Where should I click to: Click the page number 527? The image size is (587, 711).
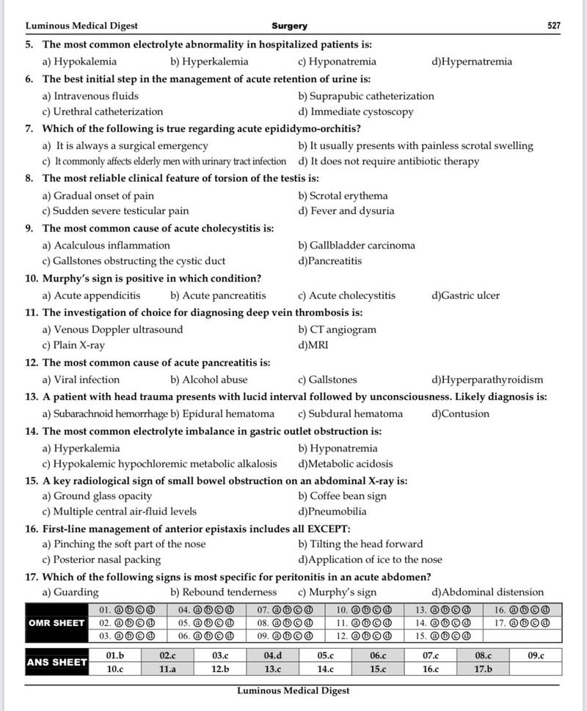554,26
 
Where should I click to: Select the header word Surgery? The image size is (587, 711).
290,26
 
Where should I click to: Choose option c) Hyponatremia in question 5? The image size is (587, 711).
337,62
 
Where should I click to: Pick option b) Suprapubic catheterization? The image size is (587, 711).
366,96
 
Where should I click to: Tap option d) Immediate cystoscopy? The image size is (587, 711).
356,112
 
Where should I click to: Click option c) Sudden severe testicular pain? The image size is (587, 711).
115,211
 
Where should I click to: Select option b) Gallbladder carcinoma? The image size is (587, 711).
357,246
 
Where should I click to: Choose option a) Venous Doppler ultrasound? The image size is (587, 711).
112,330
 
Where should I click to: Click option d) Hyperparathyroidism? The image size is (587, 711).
488,380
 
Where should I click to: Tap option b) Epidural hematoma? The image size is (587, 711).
222,413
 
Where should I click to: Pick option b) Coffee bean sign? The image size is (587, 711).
342,496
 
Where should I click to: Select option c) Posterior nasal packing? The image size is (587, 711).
101,559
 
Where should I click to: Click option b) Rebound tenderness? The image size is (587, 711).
224,592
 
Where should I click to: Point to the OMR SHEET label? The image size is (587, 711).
56,623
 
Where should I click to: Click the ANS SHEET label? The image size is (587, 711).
56,663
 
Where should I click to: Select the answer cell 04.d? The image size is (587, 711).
272,655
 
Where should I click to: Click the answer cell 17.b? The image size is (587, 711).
482,669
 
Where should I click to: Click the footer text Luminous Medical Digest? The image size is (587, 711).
293,690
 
